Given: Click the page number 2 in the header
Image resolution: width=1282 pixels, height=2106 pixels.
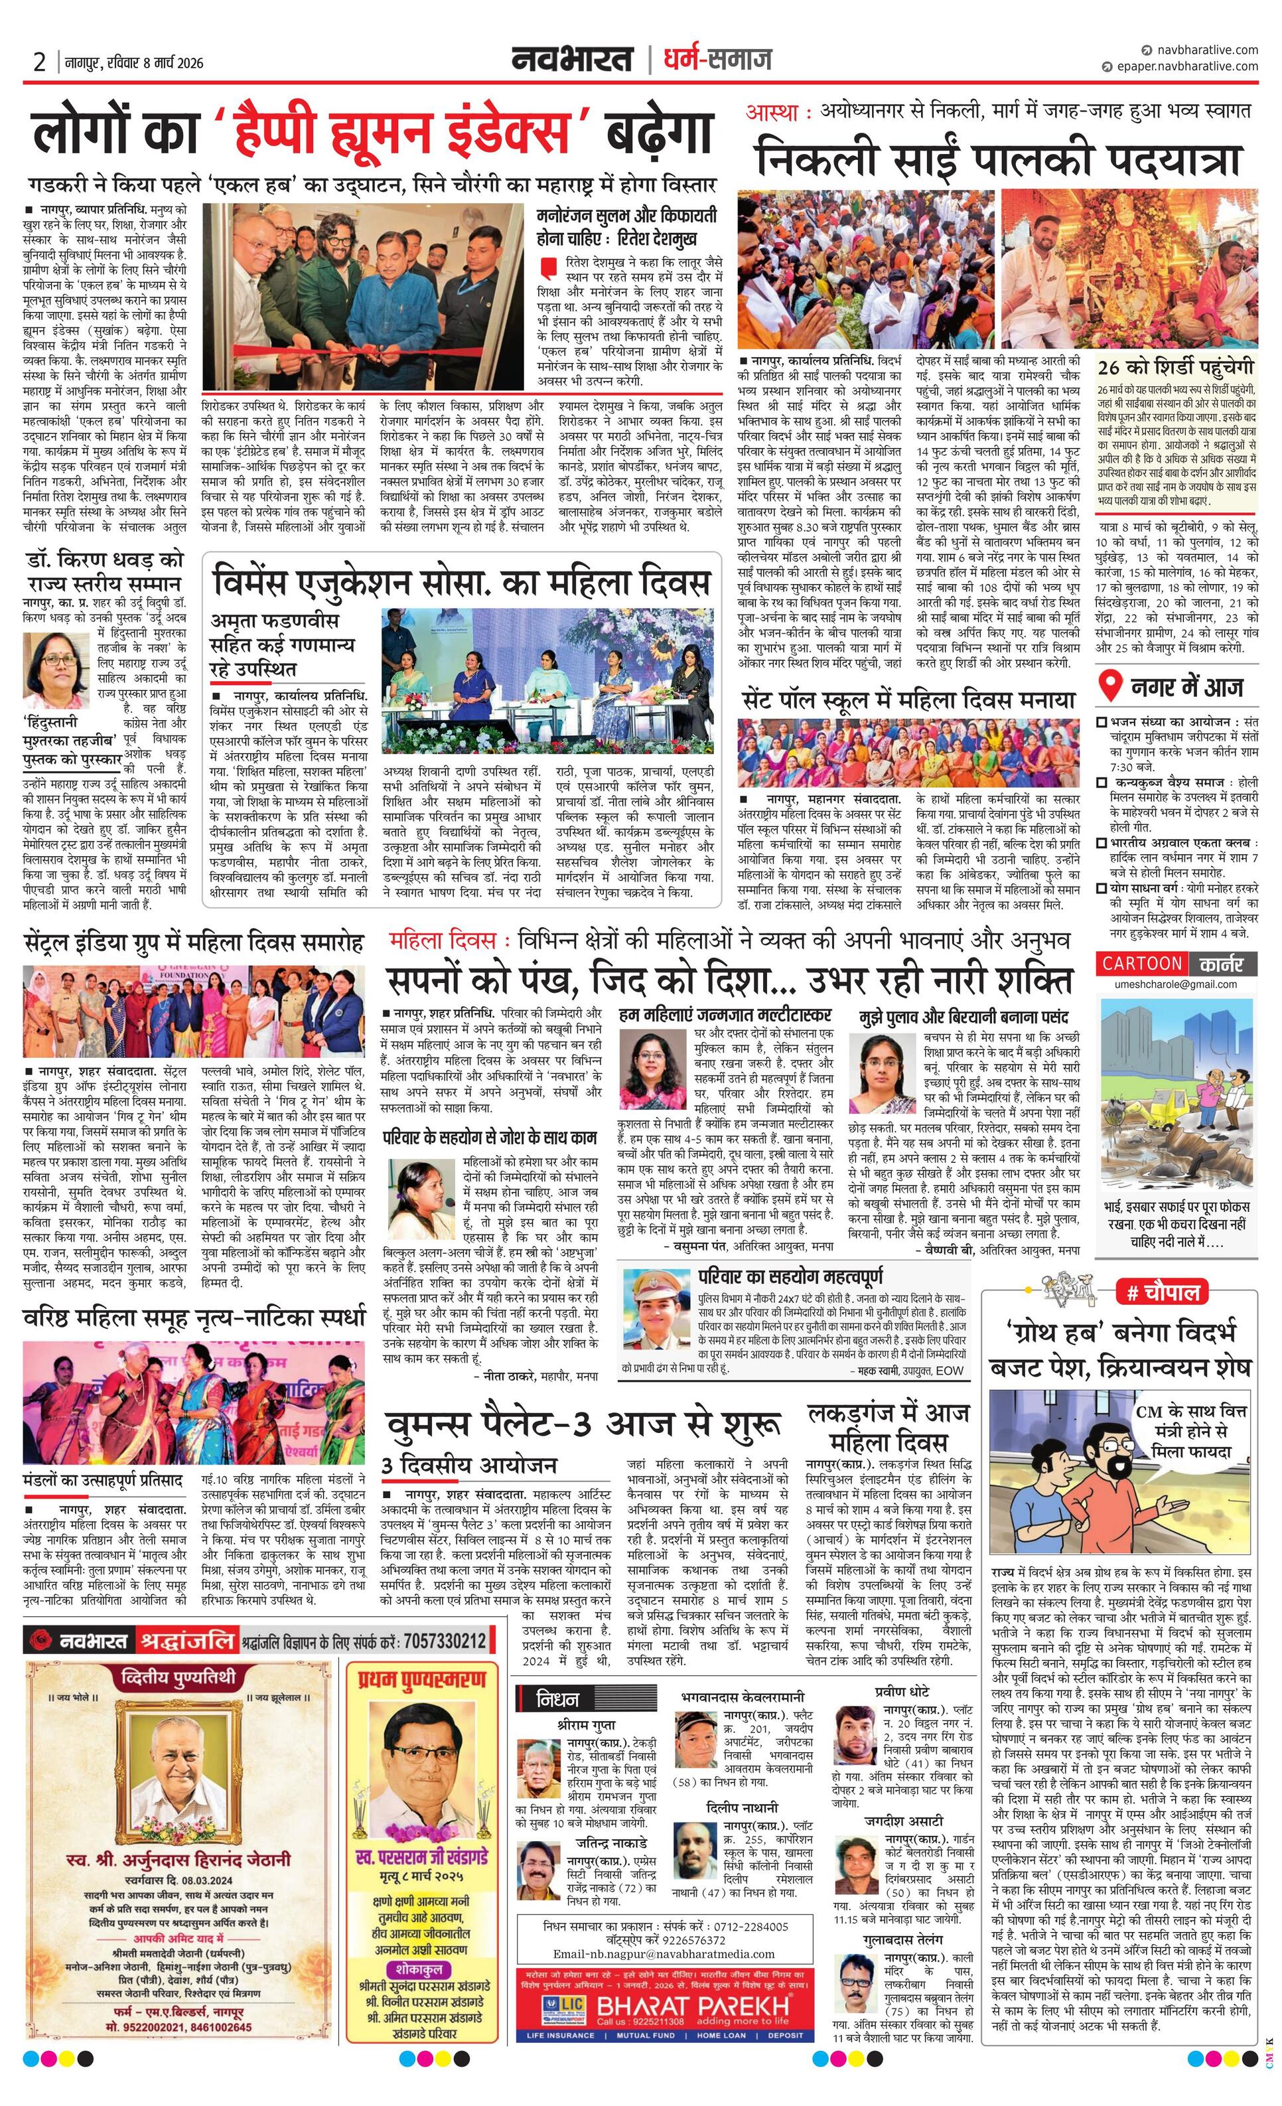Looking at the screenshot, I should tap(39, 62).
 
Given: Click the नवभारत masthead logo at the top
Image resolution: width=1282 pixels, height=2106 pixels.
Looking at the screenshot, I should tap(573, 59).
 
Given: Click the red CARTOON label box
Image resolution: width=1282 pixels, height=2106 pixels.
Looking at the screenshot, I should tap(1141, 963).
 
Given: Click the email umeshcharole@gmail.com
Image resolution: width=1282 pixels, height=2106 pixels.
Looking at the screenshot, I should tap(1175, 984).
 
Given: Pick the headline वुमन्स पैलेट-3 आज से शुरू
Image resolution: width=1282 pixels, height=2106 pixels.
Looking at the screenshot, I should tap(582, 1426).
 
